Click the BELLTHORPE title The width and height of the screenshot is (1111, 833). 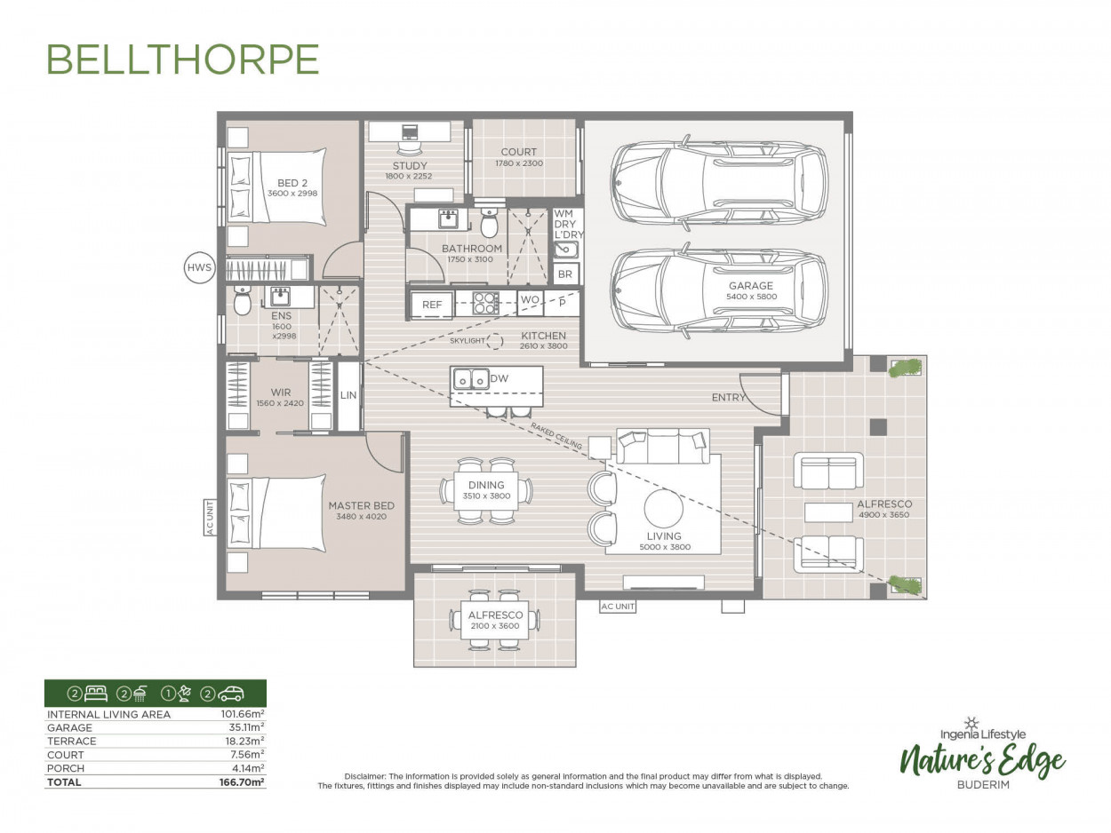[182, 59]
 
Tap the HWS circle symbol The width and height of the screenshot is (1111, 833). [199, 267]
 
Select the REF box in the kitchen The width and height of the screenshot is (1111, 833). [432, 305]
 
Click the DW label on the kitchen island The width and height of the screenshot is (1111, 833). [500, 378]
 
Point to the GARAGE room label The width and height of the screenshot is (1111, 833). [751, 286]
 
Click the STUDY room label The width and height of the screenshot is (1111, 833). [410, 166]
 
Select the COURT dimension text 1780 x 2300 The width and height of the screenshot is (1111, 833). [518, 163]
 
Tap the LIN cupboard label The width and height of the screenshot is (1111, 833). [348, 395]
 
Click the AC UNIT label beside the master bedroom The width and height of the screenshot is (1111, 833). [211, 517]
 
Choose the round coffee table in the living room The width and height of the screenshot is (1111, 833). [664, 509]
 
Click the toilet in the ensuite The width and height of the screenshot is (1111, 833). [242, 302]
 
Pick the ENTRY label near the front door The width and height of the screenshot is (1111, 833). [728, 397]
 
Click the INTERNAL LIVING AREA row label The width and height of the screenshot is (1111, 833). [108, 714]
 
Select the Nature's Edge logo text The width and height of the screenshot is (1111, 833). [982, 760]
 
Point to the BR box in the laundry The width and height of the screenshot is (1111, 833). [565, 274]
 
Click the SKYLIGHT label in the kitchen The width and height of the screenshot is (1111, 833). [468, 341]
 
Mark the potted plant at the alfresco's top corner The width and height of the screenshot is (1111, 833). [905, 368]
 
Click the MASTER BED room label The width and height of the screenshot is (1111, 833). [361, 505]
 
